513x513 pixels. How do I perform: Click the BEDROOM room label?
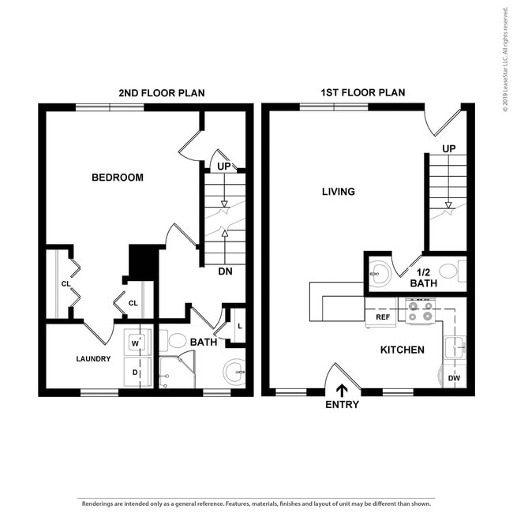point(118,178)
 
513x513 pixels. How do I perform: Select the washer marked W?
point(135,343)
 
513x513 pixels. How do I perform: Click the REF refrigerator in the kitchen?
point(383,317)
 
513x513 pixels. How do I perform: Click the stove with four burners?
point(419,311)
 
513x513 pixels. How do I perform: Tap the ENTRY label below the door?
point(342,405)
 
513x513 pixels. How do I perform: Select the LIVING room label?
point(339,192)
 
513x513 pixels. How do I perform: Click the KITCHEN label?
point(403,350)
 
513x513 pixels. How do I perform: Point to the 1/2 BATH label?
point(424,277)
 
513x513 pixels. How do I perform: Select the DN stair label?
point(225,271)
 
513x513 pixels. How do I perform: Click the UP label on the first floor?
point(449,148)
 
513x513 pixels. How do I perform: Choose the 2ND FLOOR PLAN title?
point(162,93)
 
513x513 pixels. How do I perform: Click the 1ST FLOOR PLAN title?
point(363,93)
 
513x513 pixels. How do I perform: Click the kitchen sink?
point(454,346)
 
